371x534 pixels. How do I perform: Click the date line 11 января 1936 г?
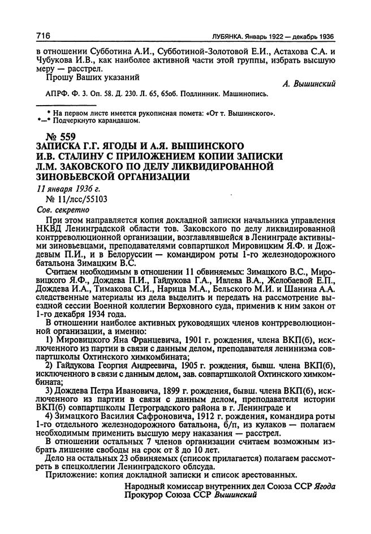(65, 189)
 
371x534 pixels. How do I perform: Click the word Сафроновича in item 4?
(157, 416)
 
